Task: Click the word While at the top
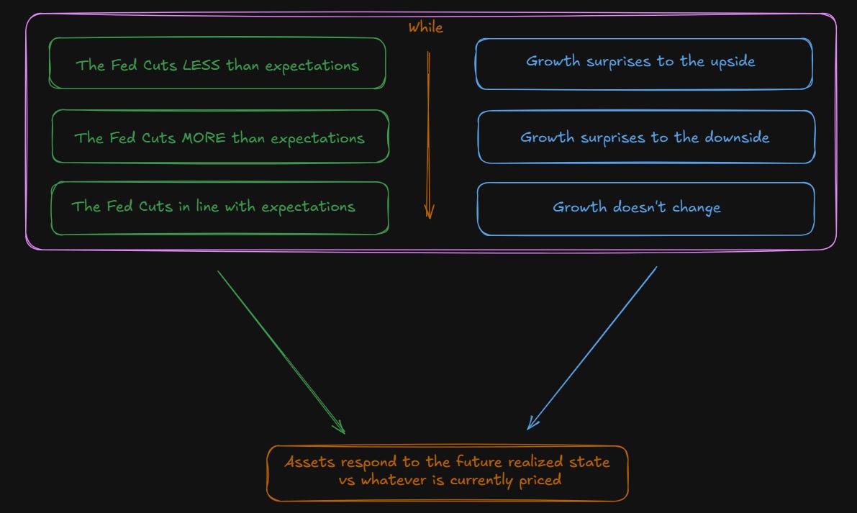[x=426, y=28]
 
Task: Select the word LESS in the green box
[x=202, y=65]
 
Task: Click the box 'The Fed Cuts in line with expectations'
[x=219, y=208]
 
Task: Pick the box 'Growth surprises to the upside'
[x=643, y=63]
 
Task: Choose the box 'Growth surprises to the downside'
[x=645, y=137]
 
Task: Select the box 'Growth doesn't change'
[x=645, y=209]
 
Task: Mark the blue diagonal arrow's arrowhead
[x=530, y=426]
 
